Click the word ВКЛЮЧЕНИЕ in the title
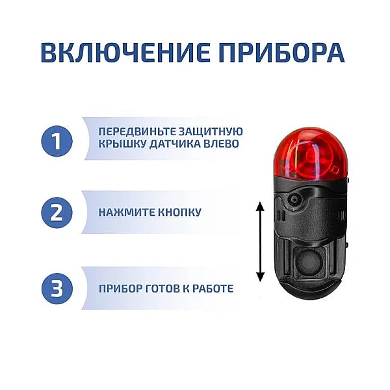pos(125,53)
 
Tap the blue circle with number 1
pos(57,142)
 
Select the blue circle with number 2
pos(57,212)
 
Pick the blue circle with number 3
pos(57,289)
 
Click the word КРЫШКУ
pos(122,144)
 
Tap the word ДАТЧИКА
pos(173,144)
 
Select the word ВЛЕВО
pos(220,144)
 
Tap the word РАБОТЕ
pos(213,289)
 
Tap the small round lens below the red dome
pos(295,199)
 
